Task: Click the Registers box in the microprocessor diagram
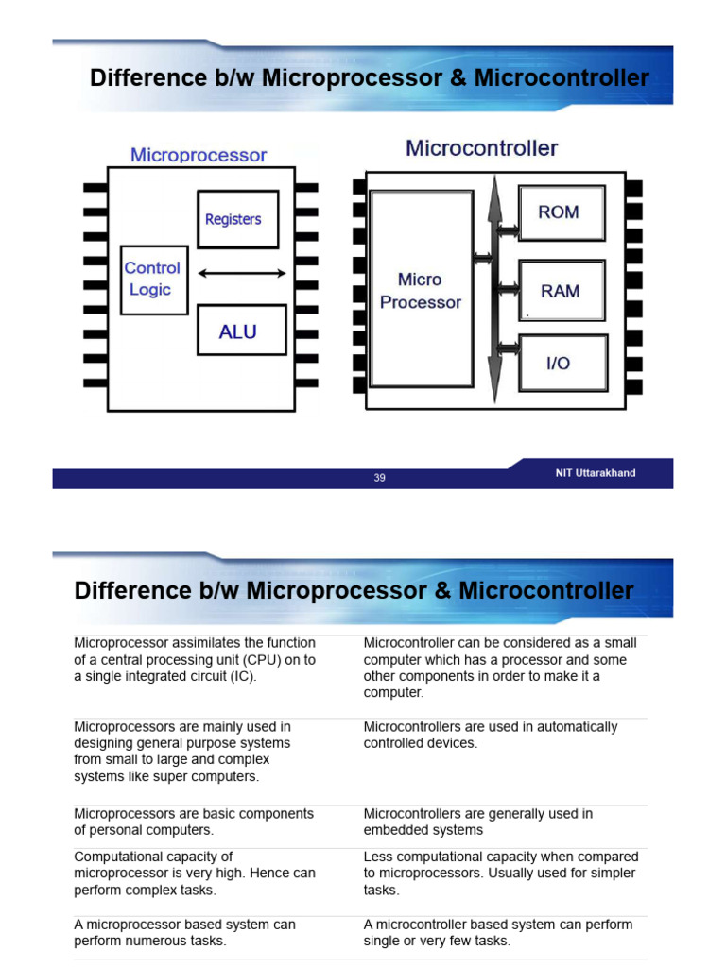[x=237, y=219]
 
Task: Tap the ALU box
[x=240, y=331]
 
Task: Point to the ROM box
[x=561, y=212]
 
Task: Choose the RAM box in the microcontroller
[x=561, y=291]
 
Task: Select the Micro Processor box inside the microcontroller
[x=422, y=290]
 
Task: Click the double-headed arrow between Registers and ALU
[x=242, y=274]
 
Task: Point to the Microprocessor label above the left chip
[x=199, y=155]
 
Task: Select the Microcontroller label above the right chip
[x=482, y=148]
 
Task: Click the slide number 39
[x=379, y=478]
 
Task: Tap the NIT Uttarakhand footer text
[x=595, y=473]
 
